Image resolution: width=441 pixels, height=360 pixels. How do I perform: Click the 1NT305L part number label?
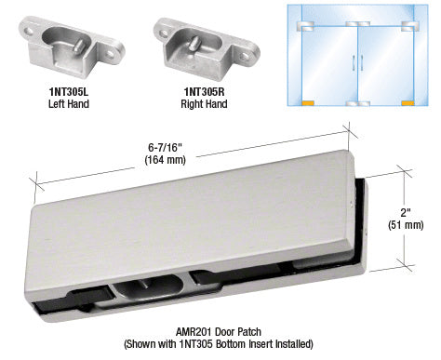click(69, 92)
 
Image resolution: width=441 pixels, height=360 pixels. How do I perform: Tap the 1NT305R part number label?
click(204, 92)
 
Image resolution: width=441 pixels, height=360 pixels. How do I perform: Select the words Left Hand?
click(69, 103)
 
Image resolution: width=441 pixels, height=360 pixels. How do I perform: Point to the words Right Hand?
click(204, 104)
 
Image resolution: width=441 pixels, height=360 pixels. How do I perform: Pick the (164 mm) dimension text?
click(165, 160)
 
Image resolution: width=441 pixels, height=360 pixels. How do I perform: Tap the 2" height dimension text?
click(406, 213)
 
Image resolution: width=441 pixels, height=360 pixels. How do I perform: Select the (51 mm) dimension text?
click(406, 225)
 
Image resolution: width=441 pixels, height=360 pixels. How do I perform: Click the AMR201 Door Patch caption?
click(219, 332)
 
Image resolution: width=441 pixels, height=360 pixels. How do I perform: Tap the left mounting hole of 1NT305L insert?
click(29, 32)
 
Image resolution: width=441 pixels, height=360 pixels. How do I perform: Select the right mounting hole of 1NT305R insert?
click(246, 57)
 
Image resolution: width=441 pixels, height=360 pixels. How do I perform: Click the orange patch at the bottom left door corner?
click(308, 103)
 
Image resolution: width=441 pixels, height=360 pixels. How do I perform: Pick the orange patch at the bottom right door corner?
click(408, 103)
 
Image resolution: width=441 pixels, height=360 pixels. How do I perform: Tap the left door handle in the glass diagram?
click(354, 62)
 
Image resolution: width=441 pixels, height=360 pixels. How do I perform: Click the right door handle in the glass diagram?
click(362, 62)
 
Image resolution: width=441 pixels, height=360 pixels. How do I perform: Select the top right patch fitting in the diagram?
click(409, 26)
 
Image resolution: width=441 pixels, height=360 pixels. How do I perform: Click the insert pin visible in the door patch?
click(143, 284)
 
